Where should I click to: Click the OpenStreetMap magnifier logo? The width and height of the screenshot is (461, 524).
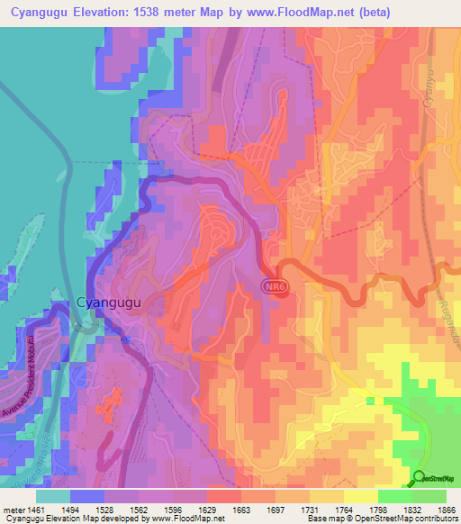[420, 477]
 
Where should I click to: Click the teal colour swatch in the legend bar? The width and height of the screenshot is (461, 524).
[52, 496]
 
